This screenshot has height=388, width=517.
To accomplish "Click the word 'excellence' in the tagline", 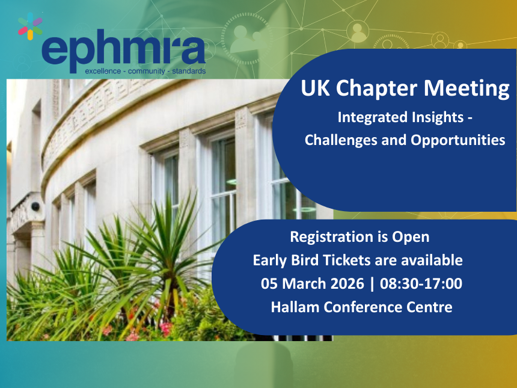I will (x=102, y=71).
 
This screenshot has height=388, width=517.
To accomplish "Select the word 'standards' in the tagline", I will (x=189, y=71).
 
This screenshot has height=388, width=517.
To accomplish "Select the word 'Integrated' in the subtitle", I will (x=368, y=117).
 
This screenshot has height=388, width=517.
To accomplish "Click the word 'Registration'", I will (x=329, y=237).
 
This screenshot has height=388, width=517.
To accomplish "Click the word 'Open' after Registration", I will (x=411, y=237).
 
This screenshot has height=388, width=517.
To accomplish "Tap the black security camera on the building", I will (x=35, y=206).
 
